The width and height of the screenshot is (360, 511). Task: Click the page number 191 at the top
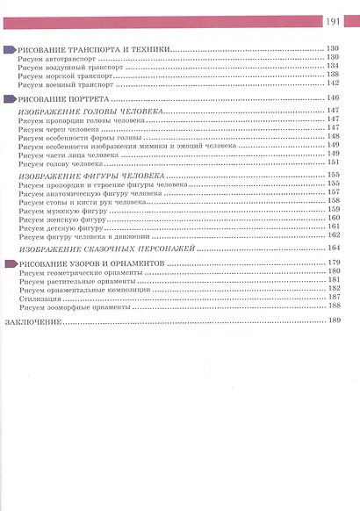(x=334, y=22)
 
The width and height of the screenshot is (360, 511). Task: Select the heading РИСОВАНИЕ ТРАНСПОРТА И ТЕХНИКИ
(x=95, y=49)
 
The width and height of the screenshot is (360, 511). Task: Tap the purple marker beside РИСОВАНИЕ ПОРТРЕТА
(x=10, y=100)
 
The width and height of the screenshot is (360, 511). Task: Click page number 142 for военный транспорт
(x=334, y=84)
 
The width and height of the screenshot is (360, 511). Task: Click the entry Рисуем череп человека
(x=61, y=129)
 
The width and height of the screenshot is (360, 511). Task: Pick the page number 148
(x=334, y=137)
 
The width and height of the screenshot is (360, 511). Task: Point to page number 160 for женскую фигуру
(x=334, y=218)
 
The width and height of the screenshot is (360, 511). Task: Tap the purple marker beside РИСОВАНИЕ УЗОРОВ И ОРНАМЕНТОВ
(x=10, y=263)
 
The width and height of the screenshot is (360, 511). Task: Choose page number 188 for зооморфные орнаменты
(x=334, y=306)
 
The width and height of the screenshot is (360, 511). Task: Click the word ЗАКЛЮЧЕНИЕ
(x=32, y=322)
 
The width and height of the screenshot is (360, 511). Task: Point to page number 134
(x=334, y=66)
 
